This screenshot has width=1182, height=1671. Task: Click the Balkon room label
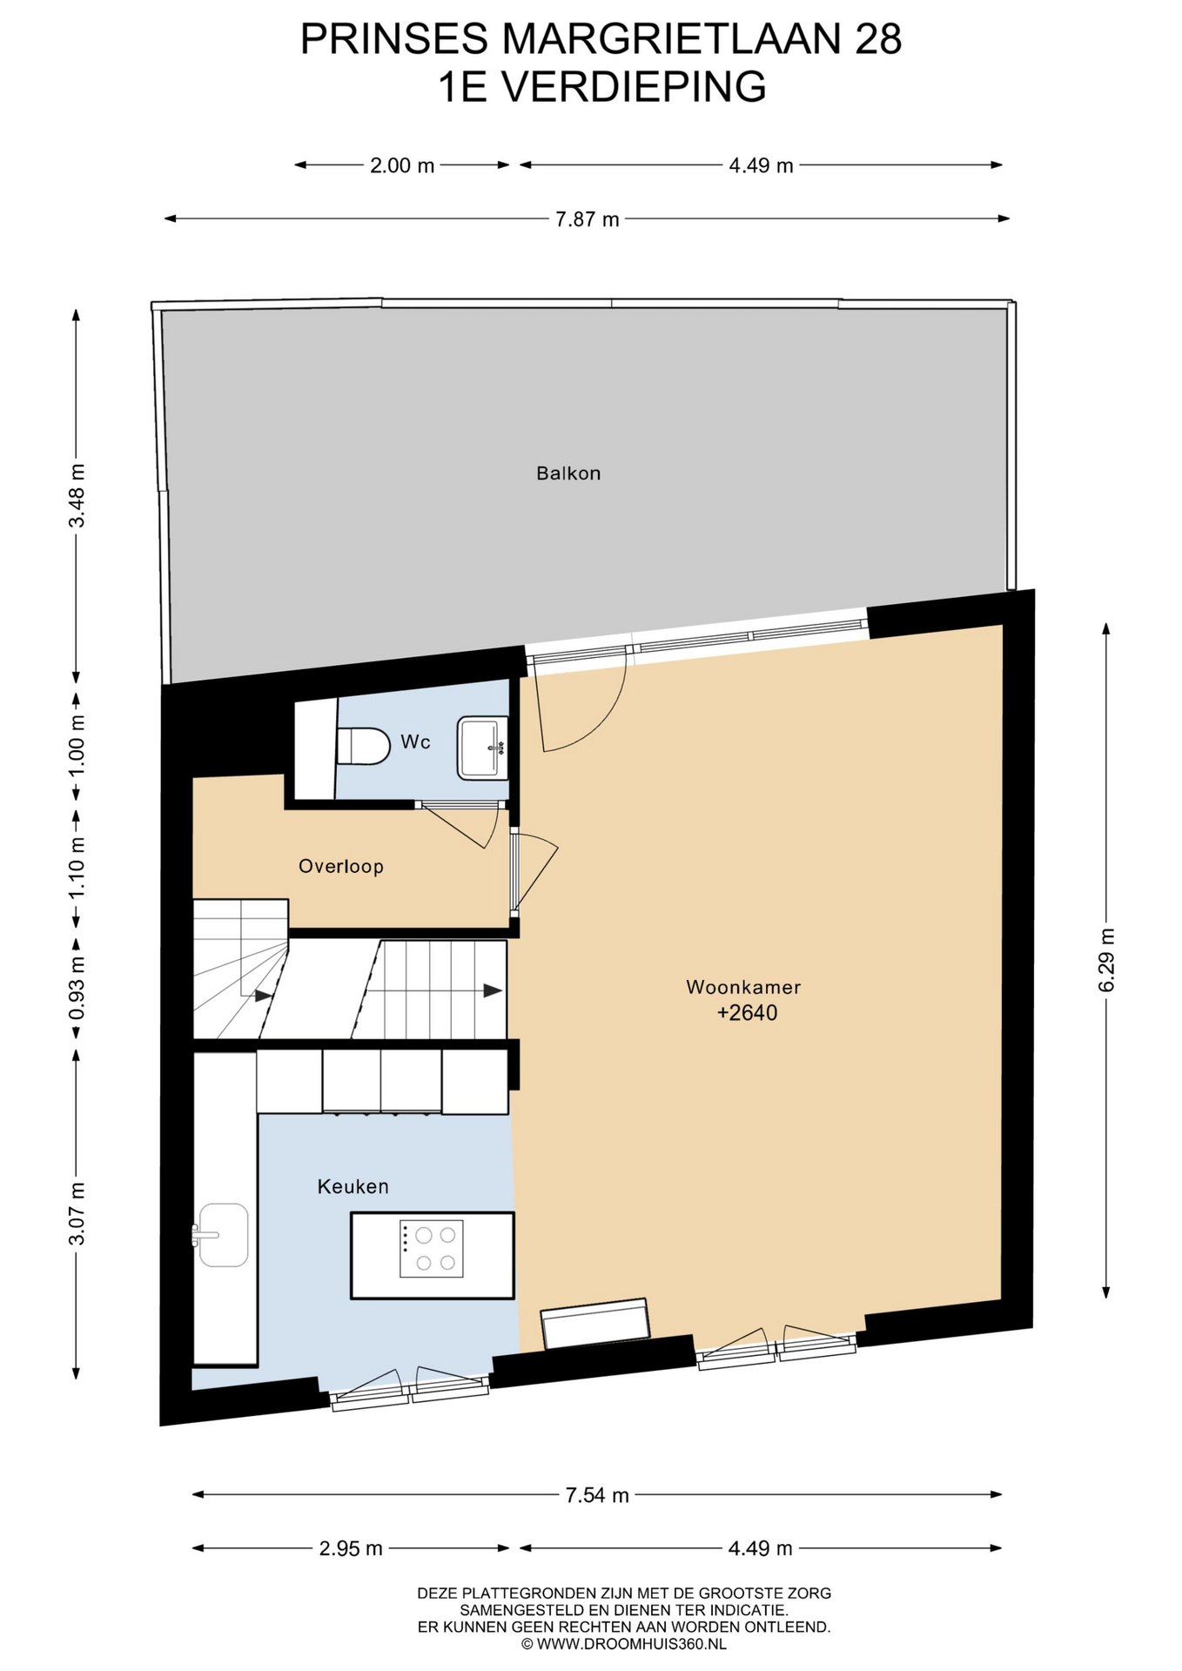568,473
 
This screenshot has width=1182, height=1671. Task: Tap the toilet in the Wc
362,746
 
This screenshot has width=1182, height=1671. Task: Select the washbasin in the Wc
482,747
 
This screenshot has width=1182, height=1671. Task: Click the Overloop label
340,866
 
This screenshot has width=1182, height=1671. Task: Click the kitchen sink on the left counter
221,1234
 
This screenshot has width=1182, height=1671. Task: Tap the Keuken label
353,1186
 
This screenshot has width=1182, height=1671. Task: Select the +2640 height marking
747,1012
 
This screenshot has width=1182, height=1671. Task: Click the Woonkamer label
743,987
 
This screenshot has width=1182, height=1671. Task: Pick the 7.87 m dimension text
588,219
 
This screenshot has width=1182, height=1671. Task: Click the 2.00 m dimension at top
402,165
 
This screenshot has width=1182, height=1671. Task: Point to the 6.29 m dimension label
1106,960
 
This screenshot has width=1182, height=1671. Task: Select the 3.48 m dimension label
77,495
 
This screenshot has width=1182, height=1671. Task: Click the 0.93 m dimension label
77,989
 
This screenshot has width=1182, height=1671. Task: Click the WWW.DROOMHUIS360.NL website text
631,1644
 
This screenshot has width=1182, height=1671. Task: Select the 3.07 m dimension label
77,1213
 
